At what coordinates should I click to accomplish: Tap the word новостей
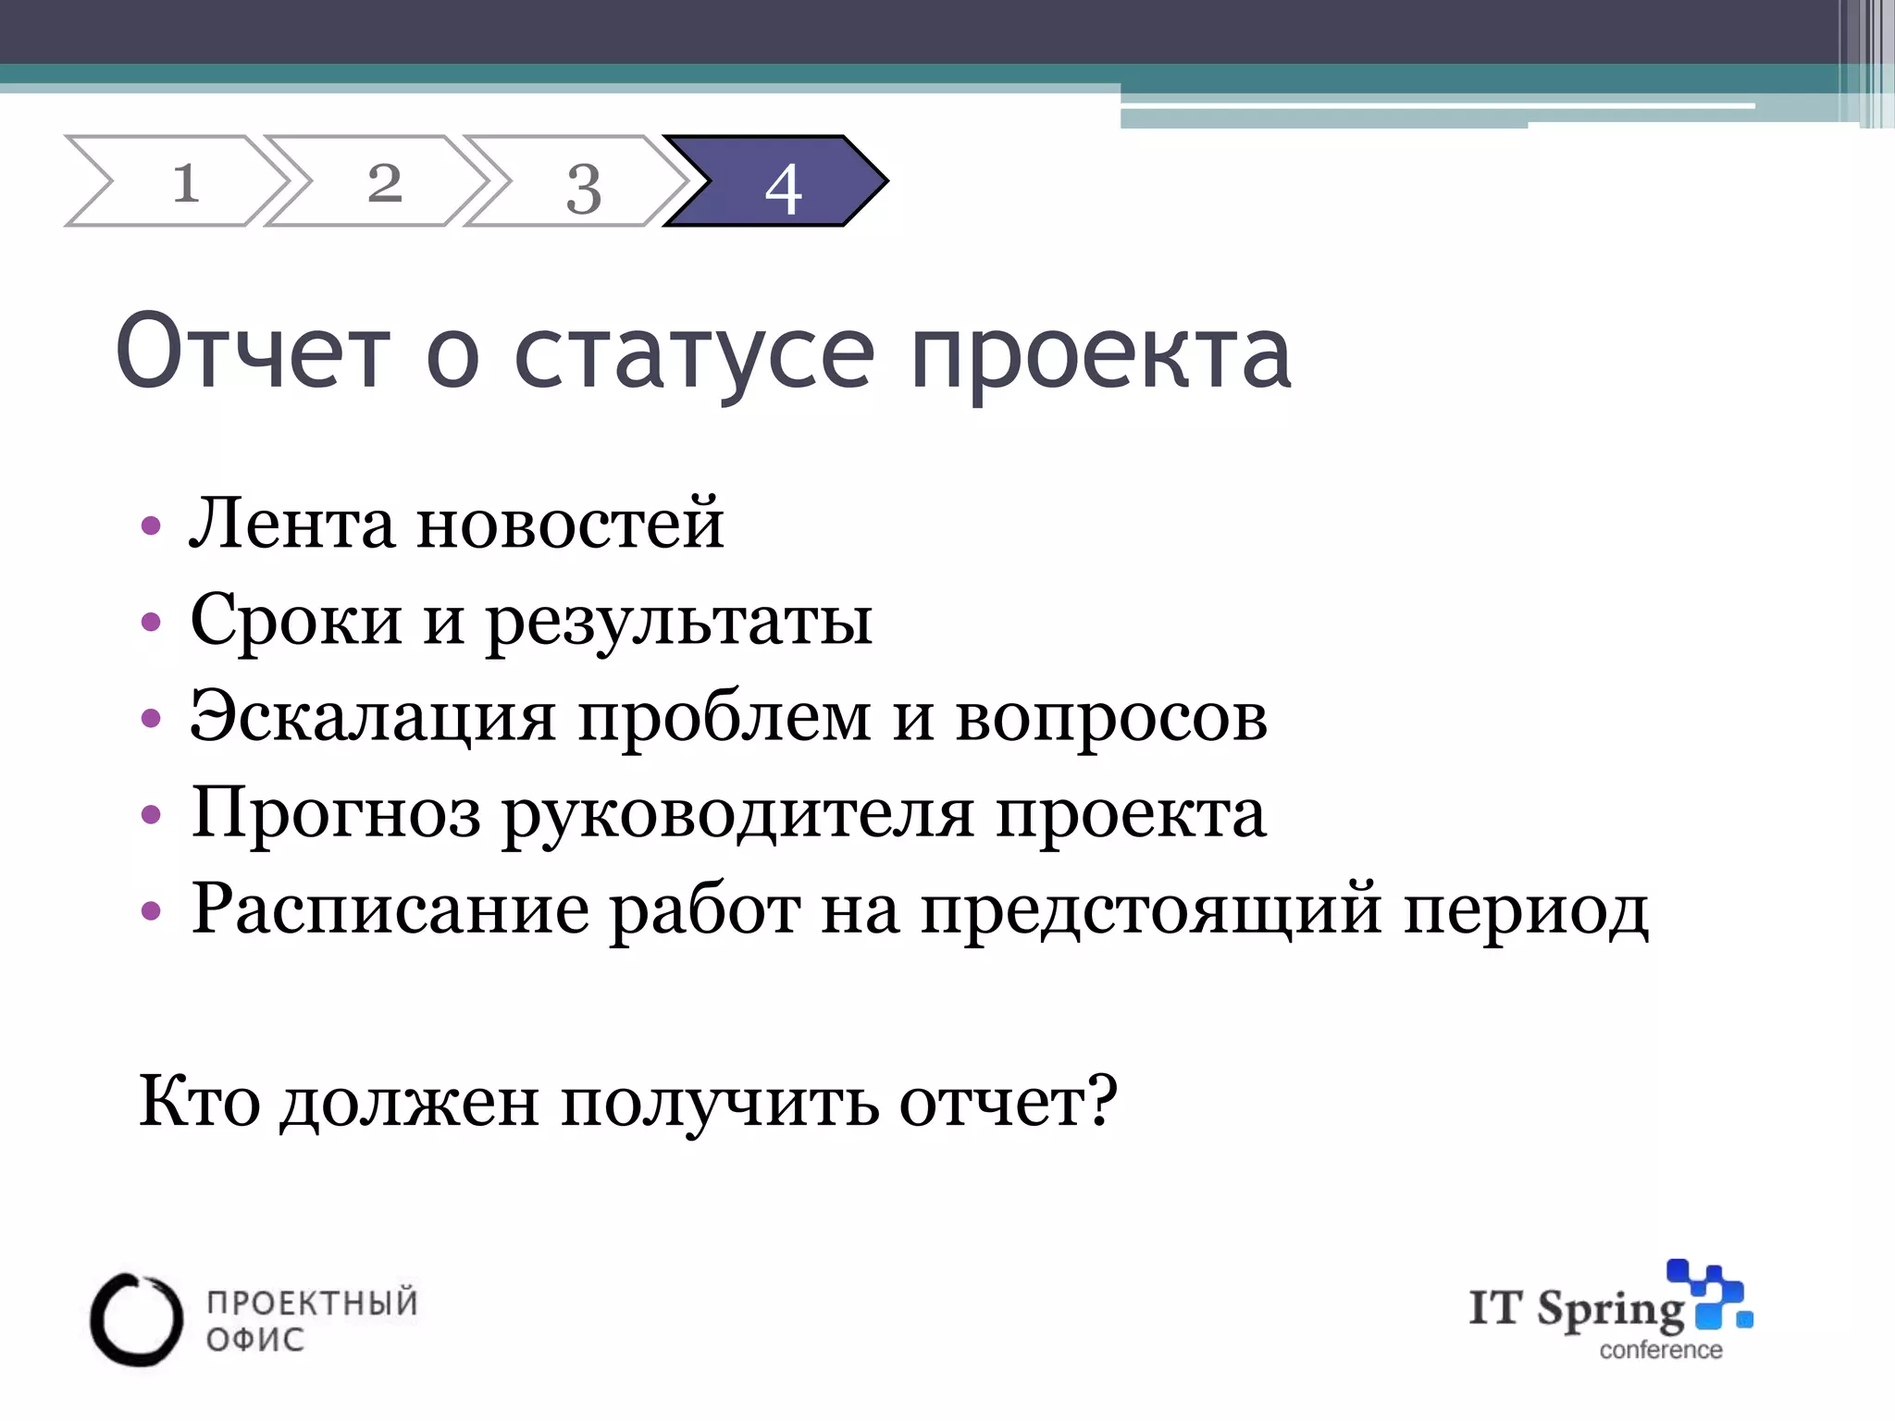(x=570, y=524)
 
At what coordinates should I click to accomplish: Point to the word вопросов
(x=1110, y=718)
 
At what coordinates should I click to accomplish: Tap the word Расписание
(x=390, y=910)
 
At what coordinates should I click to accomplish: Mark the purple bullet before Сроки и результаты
(x=151, y=623)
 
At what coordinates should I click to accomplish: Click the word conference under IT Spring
(x=1661, y=1351)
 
